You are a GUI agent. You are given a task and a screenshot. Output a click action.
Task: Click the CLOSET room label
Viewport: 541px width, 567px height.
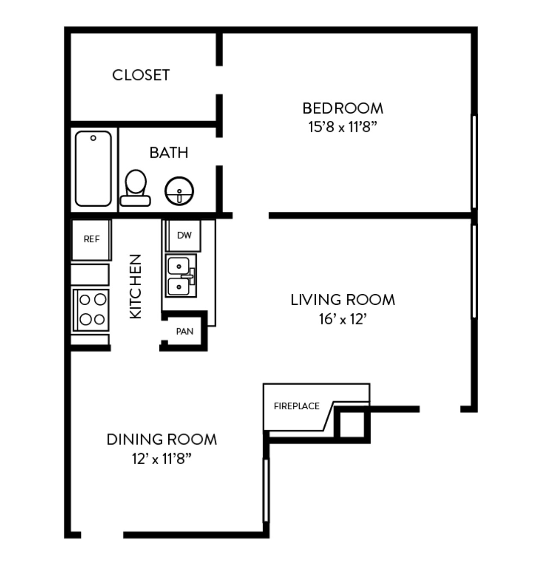(x=141, y=75)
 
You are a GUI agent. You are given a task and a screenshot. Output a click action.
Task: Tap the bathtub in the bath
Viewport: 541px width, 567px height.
(x=93, y=169)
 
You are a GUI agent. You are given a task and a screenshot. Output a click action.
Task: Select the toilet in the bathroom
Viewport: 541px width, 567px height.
(x=135, y=188)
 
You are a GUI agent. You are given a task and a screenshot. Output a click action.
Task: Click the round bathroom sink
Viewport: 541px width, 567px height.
(x=179, y=191)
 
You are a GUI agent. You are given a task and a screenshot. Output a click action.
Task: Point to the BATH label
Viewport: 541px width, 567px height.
(x=169, y=152)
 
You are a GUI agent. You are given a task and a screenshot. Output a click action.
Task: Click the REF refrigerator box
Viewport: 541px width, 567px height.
(x=91, y=240)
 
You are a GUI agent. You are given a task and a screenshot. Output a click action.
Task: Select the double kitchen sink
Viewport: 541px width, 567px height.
(x=181, y=276)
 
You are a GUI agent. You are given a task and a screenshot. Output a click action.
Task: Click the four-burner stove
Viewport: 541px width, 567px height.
(x=91, y=310)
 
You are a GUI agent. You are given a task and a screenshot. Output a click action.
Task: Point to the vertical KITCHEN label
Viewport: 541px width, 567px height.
(x=135, y=286)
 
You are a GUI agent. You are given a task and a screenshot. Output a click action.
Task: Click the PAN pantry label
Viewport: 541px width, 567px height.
(x=185, y=331)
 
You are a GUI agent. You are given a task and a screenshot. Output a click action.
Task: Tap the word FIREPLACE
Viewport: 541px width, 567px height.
(x=297, y=406)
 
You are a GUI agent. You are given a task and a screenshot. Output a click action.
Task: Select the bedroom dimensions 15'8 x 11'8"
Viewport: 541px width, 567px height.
(x=343, y=127)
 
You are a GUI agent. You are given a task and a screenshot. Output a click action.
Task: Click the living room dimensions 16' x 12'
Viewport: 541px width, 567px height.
(x=343, y=319)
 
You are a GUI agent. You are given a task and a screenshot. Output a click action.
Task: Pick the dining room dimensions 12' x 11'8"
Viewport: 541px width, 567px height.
(x=162, y=459)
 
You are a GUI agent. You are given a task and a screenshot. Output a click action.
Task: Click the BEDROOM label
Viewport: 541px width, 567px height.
(x=343, y=108)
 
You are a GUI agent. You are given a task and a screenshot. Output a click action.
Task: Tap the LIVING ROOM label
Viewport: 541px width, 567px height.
(x=343, y=300)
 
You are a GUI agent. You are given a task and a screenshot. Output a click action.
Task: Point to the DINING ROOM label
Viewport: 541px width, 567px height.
(x=162, y=439)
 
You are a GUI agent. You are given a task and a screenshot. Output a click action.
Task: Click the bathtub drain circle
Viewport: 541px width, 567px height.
(x=93, y=138)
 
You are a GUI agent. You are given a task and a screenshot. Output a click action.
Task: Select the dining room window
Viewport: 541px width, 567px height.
(x=266, y=490)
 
